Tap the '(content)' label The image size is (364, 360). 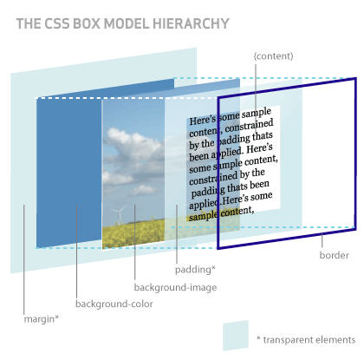pyautogui.click(x=274, y=56)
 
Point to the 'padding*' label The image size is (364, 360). pyautogui.click(x=195, y=270)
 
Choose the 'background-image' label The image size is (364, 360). pyautogui.click(x=175, y=287)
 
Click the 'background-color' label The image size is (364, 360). pyautogui.click(x=114, y=304)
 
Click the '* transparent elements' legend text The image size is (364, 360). pyautogui.click(x=305, y=338)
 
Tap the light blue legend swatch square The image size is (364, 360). pyautogui.click(x=236, y=337)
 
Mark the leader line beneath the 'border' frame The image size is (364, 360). pyautogui.click(x=322, y=240)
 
